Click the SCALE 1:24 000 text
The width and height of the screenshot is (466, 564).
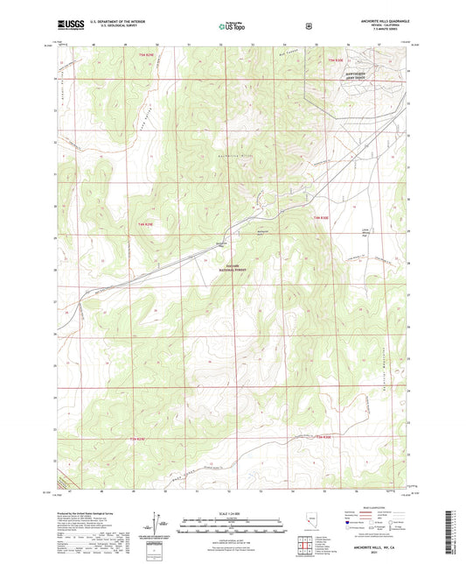[x=233, y=513]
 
